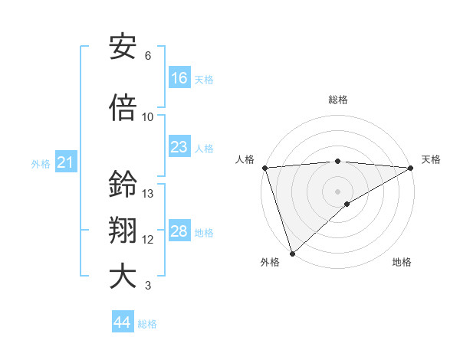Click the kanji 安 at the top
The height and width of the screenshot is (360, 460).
123,47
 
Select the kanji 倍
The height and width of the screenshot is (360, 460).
123,108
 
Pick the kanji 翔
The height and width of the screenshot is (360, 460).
123,231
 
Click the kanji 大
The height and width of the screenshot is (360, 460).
123,277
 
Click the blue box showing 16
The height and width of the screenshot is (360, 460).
179,78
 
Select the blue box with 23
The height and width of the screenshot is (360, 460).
179,147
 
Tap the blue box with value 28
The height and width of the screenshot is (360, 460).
179,231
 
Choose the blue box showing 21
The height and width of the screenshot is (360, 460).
64,162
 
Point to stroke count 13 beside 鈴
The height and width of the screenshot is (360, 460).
148,194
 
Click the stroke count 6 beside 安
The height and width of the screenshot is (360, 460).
148,56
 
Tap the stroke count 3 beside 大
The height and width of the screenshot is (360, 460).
148,286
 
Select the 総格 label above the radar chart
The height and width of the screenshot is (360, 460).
337,100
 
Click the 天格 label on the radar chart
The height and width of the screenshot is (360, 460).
431,159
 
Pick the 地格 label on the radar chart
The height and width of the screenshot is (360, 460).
402,263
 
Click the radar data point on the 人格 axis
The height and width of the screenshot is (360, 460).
264,168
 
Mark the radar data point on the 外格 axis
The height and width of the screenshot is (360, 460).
292,253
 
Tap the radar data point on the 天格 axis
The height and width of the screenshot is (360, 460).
410,168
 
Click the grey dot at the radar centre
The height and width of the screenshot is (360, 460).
337,191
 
